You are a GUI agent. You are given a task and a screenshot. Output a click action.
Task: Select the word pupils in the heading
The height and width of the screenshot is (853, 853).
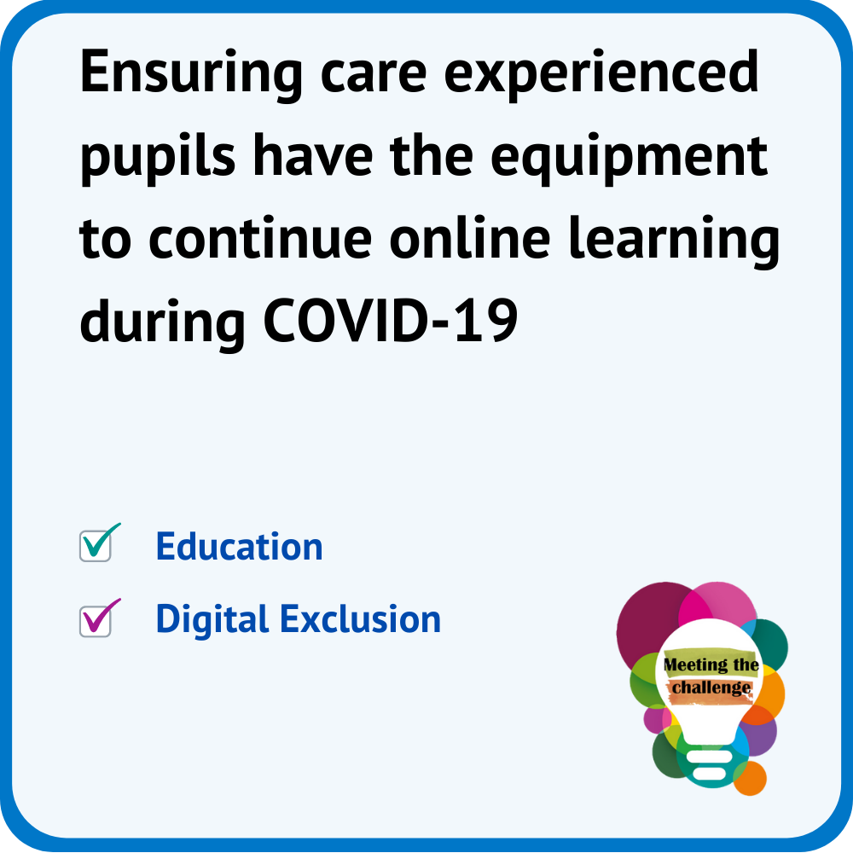[158, 158]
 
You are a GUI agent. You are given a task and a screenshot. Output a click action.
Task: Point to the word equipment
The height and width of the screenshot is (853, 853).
[629, 159]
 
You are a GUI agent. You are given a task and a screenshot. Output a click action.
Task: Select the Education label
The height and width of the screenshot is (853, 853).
[240, 546]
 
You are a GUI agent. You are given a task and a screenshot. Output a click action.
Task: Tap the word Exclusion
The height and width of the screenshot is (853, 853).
[361, 619]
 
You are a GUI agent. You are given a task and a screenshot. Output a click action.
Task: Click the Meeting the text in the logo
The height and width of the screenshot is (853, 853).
[711, 664]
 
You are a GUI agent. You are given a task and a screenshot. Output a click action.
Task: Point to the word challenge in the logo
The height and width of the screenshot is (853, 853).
[711, 688]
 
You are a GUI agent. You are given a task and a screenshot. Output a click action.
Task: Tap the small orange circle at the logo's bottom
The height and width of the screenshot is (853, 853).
[751, 779]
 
